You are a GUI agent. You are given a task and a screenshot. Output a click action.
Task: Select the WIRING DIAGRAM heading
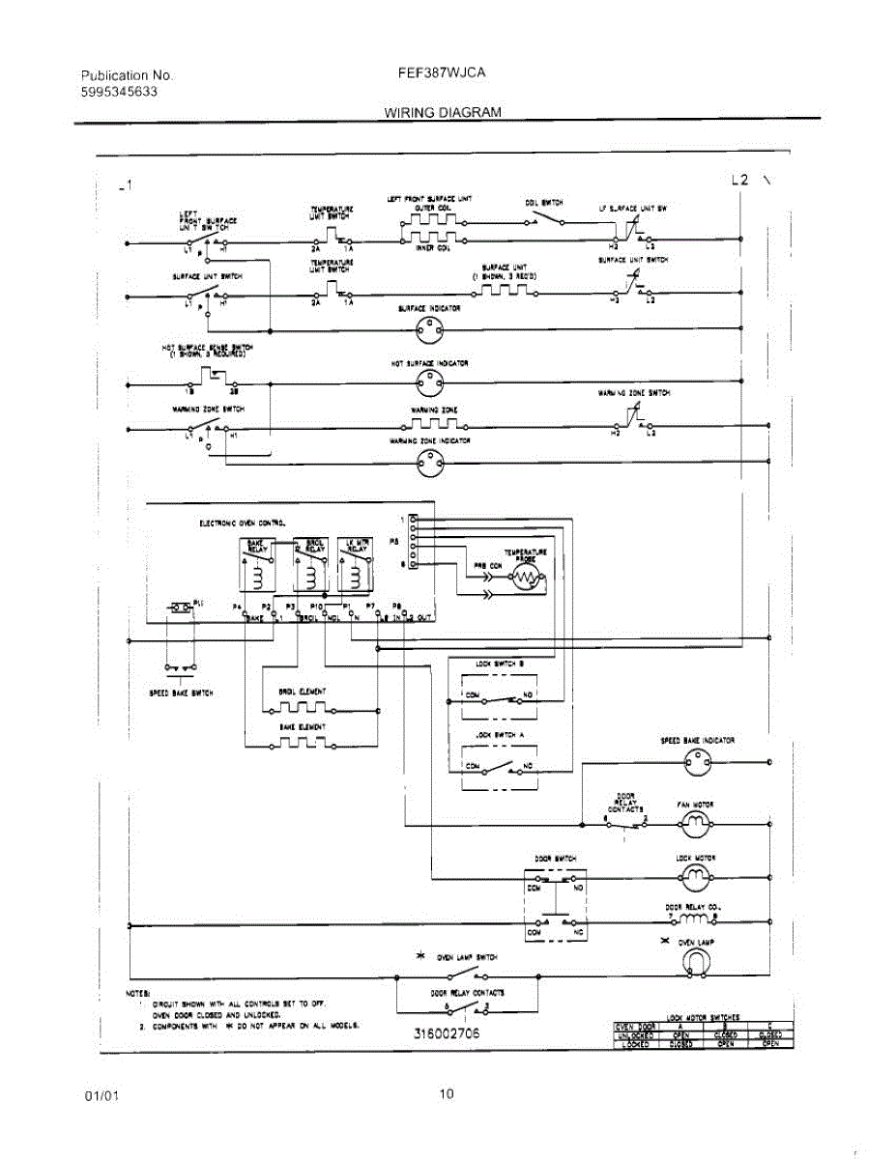click(443, 112)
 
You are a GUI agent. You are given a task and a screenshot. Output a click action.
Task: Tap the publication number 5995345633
click(120, 92)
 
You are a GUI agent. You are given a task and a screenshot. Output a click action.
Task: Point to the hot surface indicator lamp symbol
click(428, 384)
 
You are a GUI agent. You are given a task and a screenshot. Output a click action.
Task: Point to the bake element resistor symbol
click(302, 743)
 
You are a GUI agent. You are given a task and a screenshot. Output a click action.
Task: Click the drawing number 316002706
click(447, 1033)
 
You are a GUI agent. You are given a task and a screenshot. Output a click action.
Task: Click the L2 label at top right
click(740, 180)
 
